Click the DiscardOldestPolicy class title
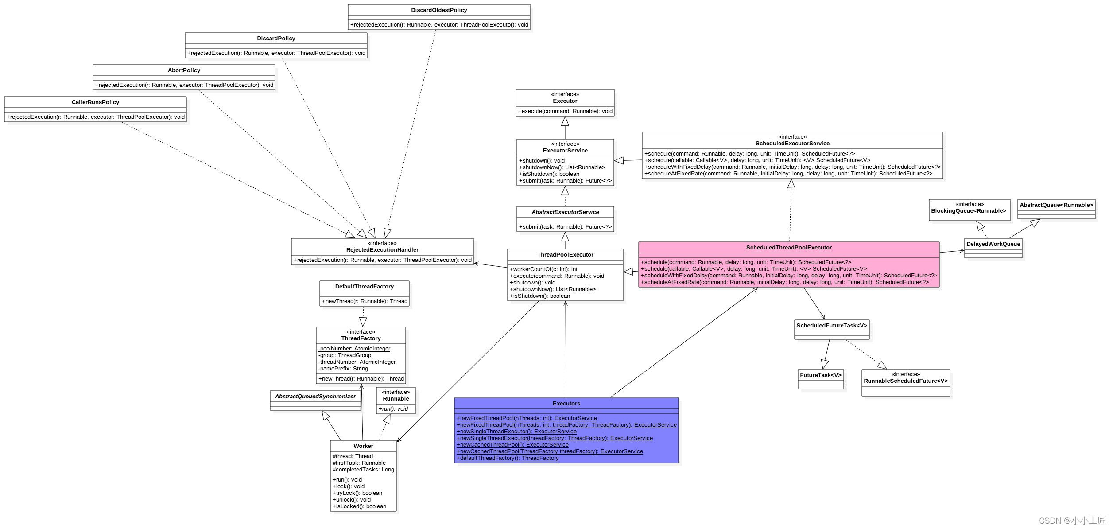tap(439, 10)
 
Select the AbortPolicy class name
tap(184, 70)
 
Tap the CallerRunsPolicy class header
tap(95, 102)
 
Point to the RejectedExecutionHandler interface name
tap(382, 250)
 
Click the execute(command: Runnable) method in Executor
tap(565, 111)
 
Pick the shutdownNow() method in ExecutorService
tap(562, 167)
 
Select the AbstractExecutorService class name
tap(565, 212)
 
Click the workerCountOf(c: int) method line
tap(543, 269)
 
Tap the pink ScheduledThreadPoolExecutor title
tap(788, 248)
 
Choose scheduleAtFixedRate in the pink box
tap(784, 282)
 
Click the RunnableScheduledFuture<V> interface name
tap(905, 381)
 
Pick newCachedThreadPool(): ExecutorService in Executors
tap(512, 445)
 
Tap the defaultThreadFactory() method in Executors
tap(508, 458)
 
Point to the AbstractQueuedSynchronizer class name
tap(315, 397)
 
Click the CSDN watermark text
tap(1072, 521)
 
